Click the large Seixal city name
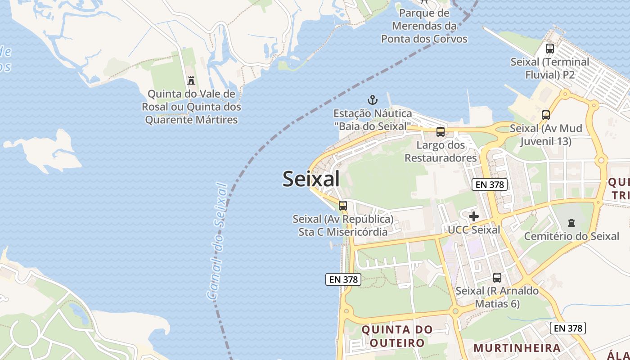[311, 179]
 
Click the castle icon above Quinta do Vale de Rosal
[191, 81]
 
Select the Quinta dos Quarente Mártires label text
[191, 113]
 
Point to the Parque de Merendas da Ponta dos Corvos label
[424, 26]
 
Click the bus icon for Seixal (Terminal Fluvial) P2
[549, 48]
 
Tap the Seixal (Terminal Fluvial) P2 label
[549, 68]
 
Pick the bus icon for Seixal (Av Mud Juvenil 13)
[546, 115]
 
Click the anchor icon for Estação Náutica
[372, 99]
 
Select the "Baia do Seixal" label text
[372, 126]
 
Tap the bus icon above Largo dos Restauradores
[441, 132]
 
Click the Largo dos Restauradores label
[441, 152]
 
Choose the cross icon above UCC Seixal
[474, 216]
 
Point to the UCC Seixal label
[474, 230]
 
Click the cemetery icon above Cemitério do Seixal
[571, 222]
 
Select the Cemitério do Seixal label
[571, 236]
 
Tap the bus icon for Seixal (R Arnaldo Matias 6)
[497, 278]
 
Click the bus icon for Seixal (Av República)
[343, 206]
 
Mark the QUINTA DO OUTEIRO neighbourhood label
[397, 336]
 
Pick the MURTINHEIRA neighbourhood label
[517, 348]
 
